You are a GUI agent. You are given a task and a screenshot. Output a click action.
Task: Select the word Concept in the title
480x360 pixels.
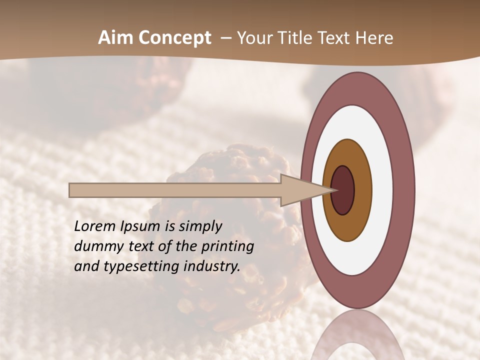tap(175, 38)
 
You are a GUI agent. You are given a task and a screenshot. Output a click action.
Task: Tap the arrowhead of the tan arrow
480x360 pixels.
tap(300, 190)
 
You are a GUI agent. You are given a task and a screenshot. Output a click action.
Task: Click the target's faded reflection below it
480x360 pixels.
tap(357, 335)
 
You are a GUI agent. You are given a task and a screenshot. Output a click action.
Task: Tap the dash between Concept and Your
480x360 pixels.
tap(225, 38)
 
